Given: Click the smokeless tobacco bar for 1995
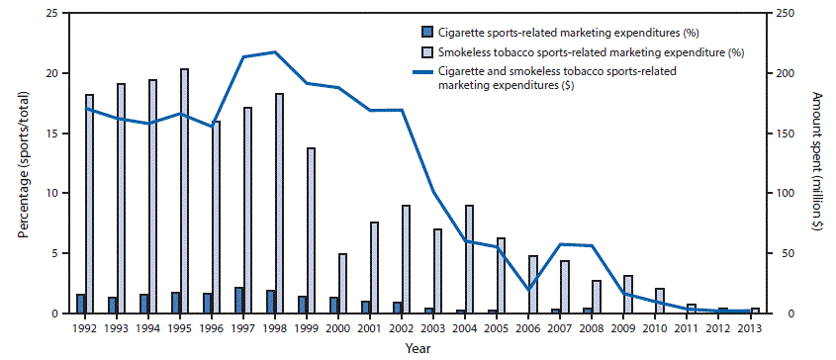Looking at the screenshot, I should pos(185,191).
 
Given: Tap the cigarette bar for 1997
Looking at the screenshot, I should pos(238,300).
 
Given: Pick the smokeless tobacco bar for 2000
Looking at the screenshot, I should pos(343,283).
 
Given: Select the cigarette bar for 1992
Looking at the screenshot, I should pos(80,304).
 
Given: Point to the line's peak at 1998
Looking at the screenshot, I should pos(274,51).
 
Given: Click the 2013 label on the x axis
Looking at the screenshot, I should pos(749,328).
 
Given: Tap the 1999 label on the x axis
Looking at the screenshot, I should pos(306,328).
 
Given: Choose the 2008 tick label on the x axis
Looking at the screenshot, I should pos(591,328).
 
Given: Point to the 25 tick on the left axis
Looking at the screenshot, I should pos(61,13).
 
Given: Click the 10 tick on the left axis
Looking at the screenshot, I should pos(61,193).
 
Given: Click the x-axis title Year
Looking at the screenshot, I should pos(417,348).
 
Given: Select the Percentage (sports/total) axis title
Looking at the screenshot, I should pos(22,163).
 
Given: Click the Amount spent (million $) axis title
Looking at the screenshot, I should pos(817,163).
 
